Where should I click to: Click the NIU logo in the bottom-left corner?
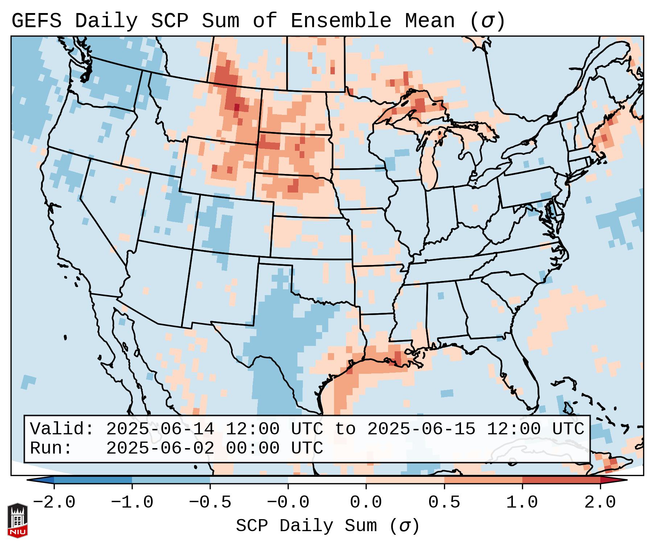point(17,520)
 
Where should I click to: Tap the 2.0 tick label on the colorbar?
point(600,502)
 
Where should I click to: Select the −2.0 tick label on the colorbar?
point(54,502)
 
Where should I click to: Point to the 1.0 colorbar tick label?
point(522,502)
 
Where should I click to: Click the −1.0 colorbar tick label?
point(132,502)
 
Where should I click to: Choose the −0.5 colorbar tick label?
point(210,502)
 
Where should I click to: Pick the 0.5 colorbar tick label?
point(444,502)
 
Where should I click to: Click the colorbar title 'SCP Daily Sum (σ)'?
point(328,526)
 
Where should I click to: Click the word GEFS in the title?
point(36,21)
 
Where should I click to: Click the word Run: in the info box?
point(51,448)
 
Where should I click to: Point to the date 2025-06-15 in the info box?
point(421,429)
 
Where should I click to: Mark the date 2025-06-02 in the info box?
point(160,448)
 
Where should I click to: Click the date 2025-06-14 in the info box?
point(160,429)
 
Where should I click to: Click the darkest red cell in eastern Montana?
point(237,107)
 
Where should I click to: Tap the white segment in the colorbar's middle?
point(327,480)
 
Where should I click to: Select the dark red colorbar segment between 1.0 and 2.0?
point(561,480)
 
